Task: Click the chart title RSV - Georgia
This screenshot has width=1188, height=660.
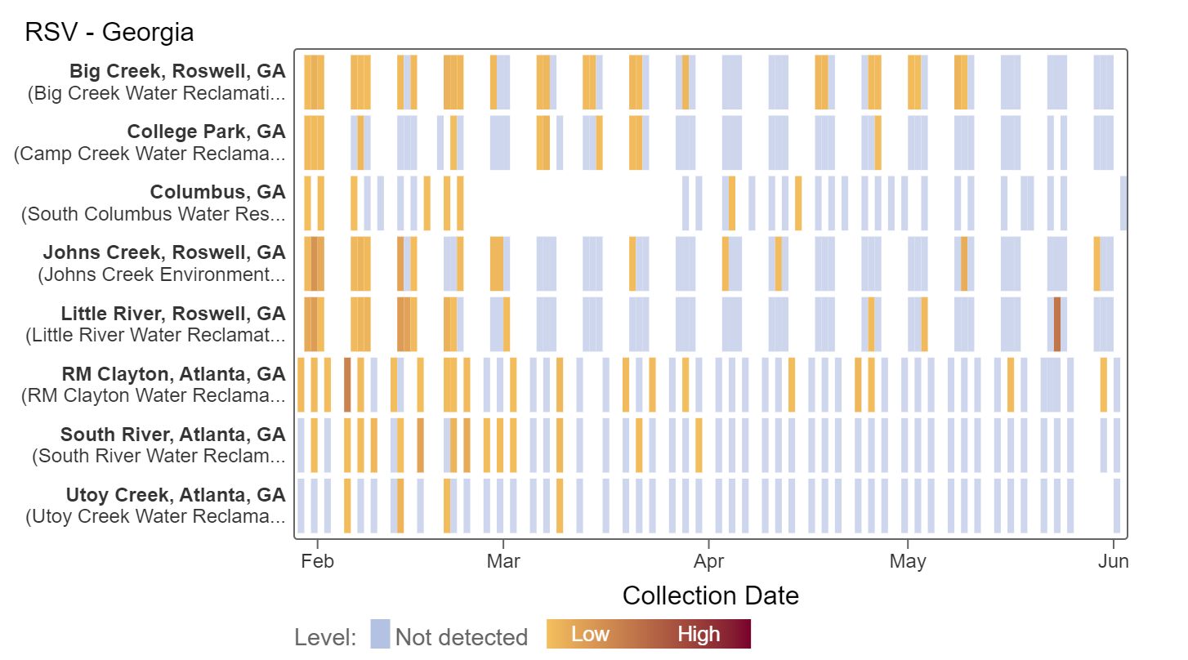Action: click(x=109, y=33)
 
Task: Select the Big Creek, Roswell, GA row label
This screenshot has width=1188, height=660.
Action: click(x=177, y=71)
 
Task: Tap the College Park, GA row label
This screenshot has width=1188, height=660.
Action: click(x=206, y=132)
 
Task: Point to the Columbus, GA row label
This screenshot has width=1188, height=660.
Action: click(x=217, y=192)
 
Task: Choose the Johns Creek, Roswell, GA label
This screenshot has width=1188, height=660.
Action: click(x=164, y=252)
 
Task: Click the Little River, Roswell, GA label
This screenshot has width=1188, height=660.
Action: click(x=173, y=314)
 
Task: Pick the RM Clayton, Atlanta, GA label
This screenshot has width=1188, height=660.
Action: click(x=173, y=374)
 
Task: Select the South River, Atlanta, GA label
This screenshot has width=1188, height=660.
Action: click(x=172, y=435)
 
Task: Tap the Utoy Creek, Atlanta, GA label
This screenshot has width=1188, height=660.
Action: click(x=176, y=495)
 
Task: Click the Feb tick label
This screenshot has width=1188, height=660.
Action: click(x=317, y=562)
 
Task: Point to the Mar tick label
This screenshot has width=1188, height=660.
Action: click(x=503, y=562)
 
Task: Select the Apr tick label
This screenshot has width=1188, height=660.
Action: click(x=708, y=562)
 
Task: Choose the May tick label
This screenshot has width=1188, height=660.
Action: click(x=908, y=562)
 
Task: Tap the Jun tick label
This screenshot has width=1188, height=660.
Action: click(x=1114, y=562)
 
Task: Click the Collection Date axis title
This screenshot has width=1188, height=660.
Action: click(x=710, y=595)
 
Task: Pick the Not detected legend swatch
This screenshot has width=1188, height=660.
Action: click(x=380, y=635)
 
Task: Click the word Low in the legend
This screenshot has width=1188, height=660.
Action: click(x=590, y=635)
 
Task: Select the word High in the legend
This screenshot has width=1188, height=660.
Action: click(x=699, y=635)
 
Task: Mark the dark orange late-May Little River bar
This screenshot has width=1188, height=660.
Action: click(x=1056, y=324)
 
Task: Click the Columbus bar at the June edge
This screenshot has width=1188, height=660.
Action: click(x=1124, y=203)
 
